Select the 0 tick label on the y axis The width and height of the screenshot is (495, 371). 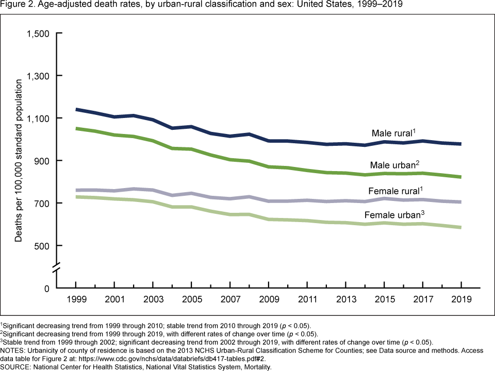click(x=47, y=288)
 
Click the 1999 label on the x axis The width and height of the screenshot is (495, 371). click(x=76, y=300)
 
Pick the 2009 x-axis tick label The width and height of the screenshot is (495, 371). click(x=268, y=300)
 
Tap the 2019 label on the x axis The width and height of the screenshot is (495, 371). click(x=460, y=300)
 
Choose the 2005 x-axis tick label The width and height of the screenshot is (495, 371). click(x=191, y=300)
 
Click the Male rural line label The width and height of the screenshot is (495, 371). click(x=392, y=133)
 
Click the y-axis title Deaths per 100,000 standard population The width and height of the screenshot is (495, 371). click(x=19, y=161)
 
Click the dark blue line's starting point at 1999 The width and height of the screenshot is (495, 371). click(x=76, y=109)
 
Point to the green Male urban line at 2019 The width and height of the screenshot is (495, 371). click(x=460, y=177)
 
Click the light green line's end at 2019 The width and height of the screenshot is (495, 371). click(x=460, y=227)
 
